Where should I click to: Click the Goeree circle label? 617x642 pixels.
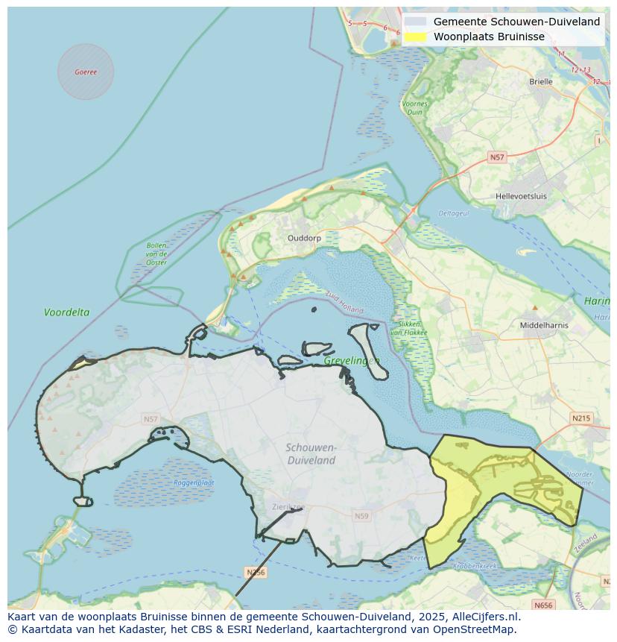pyautogui.click(x=86, y=72)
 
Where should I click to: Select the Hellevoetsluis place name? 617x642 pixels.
pyautogui.click(x=521, y=197)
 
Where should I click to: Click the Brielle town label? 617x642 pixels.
pyautogui.click(x=540, y=82)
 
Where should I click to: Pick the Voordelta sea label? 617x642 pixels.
pyautogui.click(x=66, y=312)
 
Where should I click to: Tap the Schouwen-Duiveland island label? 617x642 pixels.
pyautogui.click(x=311, y=453)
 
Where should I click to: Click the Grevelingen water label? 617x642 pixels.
pyautogui.click(x=352, y=361)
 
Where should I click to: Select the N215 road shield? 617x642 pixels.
pyautogui.click(x=580, y=418)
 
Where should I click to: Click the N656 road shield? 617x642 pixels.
pyautogui.click(x=543, y=605)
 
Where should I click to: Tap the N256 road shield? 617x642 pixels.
pyautogui.click(x=255, y=573)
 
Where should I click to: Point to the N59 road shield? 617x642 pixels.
pyautogui.click(x=361, y=516)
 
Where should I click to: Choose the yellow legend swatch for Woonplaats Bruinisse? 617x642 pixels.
pyautogui.click(x=416, y=37)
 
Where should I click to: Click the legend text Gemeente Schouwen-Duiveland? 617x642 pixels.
pyautogui.click(x=516, y=22)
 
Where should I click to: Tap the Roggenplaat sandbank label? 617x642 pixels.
pyautogui.click(x=194, y=482)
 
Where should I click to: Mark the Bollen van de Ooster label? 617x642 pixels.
pyautogui.click(x=156, y=254)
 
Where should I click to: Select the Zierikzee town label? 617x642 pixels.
pyautogui.click(x=288, y=507)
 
